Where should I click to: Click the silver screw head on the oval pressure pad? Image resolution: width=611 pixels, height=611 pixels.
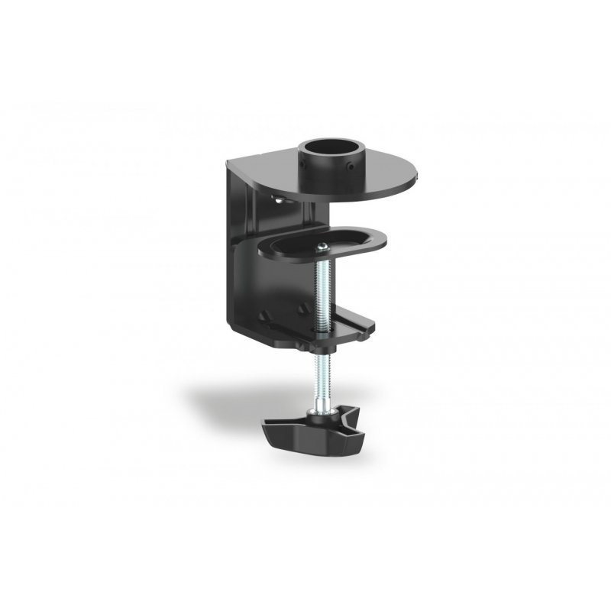coord(324,245)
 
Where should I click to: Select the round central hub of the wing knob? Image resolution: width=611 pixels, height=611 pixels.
coord(314,419)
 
